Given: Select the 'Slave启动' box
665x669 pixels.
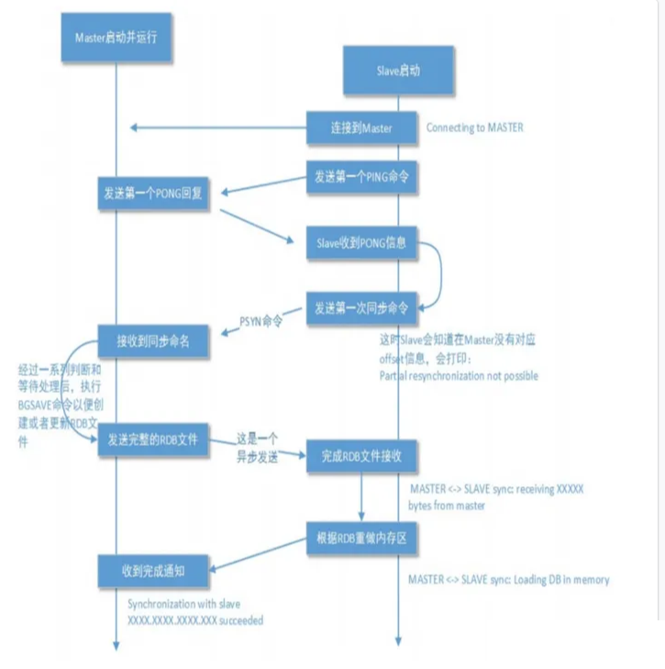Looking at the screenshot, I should (398, 70).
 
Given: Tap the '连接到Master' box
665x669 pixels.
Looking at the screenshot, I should (361, 128).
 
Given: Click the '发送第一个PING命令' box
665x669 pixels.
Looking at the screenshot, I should (361, 176).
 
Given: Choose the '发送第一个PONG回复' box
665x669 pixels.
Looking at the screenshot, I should (155, 195).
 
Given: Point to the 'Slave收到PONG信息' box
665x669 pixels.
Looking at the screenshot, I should (361, 244).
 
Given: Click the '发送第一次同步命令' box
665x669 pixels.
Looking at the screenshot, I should (361, 306).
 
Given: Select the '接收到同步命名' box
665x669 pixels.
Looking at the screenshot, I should (155, 342).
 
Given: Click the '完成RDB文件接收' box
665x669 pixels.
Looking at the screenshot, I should (361, 456).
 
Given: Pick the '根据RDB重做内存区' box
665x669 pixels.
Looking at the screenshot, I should (361, 539).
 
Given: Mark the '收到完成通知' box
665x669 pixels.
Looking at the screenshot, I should (155, 571).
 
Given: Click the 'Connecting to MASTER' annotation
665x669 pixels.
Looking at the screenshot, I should (474, 128).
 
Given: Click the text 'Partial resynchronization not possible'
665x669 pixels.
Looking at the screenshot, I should (459, 375).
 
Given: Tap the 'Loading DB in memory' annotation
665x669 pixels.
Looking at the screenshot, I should (508, 580).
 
